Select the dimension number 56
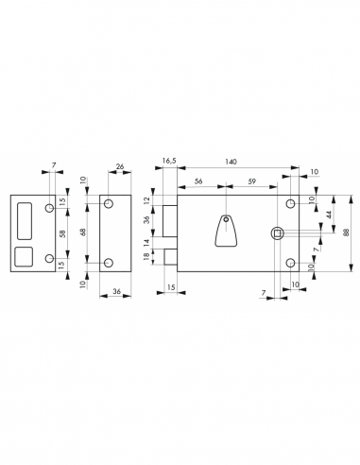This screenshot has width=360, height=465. click(199, 182)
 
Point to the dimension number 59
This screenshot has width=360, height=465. click(249, 182)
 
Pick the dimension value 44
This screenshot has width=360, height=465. click(327, 215)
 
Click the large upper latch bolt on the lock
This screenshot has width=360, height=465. click(170, 222)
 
